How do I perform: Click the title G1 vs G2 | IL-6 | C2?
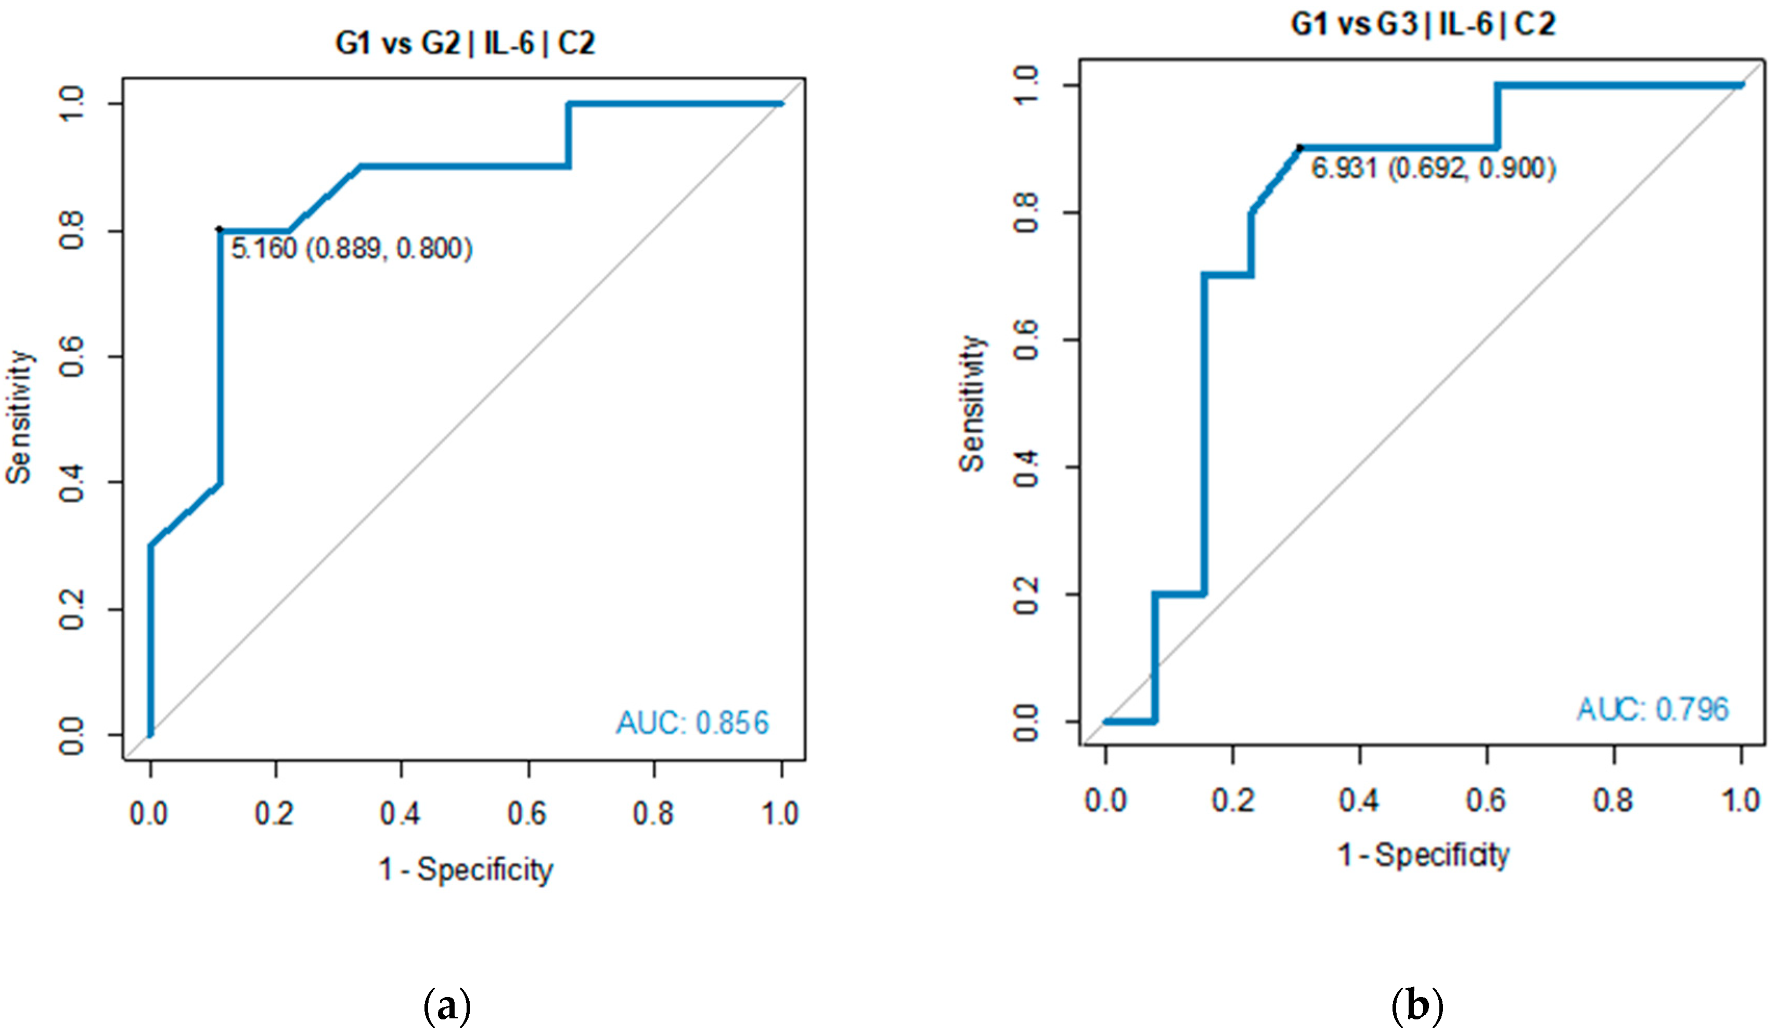coord(465,44)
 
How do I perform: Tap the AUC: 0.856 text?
coord(692,723)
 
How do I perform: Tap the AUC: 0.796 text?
coord(1653,709)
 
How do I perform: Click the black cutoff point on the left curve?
coord(220,229)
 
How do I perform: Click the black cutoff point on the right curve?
coord(1299,148)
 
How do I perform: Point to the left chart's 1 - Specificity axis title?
coord(466,870)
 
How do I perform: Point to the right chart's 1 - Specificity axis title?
coord(1423,855)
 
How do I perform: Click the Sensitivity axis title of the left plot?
coord(19,416)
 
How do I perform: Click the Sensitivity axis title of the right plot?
coord(972,404)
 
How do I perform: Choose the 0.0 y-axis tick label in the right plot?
coord(1026,723)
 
